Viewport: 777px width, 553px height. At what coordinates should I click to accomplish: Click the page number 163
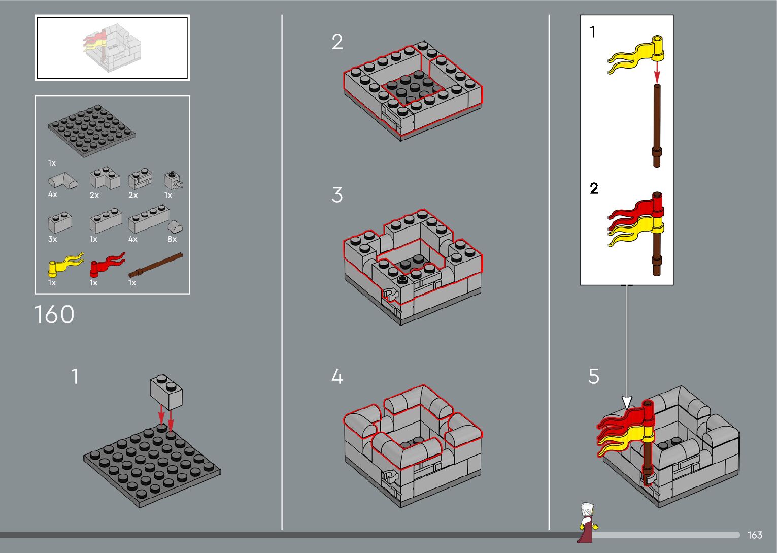coord(755,535)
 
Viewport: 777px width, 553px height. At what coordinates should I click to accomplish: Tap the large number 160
coord(54,314)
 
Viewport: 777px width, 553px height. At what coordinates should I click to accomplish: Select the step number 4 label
coord(337,376)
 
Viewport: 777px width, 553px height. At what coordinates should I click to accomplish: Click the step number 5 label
coord(594,376)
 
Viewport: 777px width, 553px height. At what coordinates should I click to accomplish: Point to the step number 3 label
coord(337,195)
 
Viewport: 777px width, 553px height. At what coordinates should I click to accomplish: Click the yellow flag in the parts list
coord(66,265)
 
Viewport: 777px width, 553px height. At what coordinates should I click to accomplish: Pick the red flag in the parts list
coord(108,265)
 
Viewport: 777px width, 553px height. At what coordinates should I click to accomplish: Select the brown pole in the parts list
coord(155,266)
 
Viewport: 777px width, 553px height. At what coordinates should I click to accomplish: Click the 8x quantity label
coord(172,239)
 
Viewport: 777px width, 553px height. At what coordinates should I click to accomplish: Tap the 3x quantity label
coord(52,239)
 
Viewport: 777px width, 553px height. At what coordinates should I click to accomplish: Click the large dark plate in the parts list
coord(91,131)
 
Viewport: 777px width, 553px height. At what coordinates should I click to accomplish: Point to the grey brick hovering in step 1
coord(166,392)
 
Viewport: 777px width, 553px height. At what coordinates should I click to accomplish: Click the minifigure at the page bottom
coord(588,523)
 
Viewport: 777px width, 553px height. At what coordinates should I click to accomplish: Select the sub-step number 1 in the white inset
coord(592,32)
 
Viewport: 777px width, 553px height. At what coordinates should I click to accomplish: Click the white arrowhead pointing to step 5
coord(627,403)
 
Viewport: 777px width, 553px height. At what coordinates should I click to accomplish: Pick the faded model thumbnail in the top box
coord(112,47)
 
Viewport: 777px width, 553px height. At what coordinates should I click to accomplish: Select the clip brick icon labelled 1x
coord(174,180)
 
